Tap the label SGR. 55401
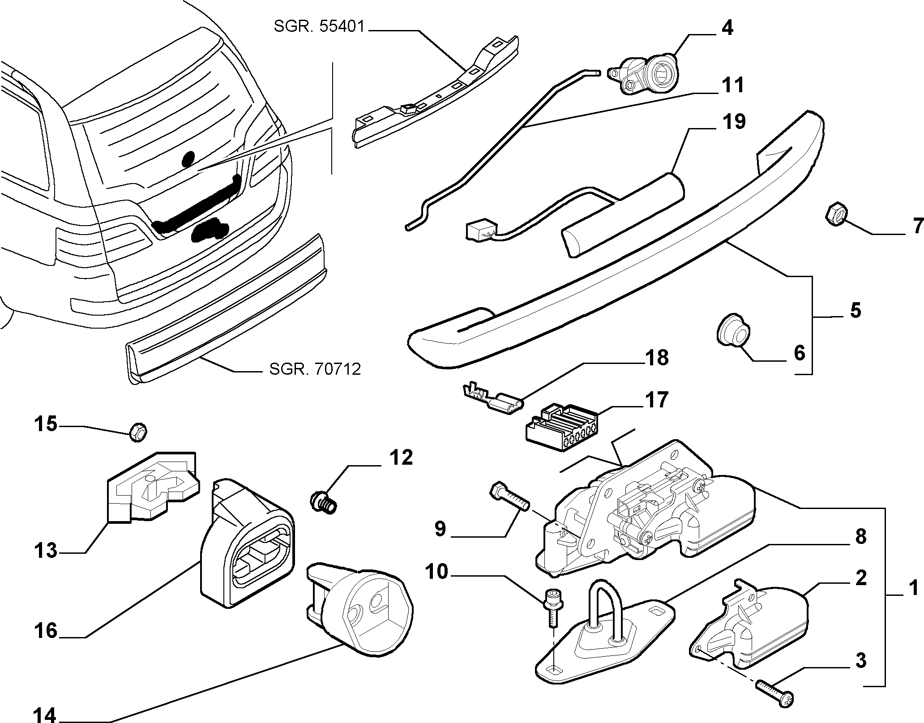click(320, 27)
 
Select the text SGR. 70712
click(315, 369)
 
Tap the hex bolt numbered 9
click(510, 496)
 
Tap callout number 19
click(733, 121)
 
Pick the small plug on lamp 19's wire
click(479, 231)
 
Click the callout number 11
click(732, 85)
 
